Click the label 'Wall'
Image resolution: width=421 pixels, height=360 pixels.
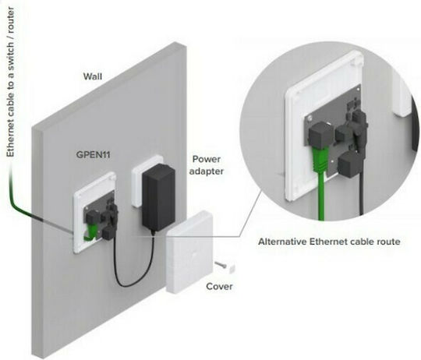(x=93, y=76)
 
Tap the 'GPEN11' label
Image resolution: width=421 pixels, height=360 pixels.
(x=94, y=155)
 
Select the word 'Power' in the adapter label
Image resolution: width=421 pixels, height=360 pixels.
(x=207, y=159)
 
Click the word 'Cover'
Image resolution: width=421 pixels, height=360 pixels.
(x=219, y=286)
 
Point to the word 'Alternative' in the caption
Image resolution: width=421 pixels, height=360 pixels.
(x=282, y=242)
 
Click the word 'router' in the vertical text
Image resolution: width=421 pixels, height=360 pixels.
(x=10, y=19)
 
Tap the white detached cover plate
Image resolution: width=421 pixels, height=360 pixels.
(x=189, y=252)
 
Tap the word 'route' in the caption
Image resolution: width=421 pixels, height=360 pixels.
(x=388, y=242)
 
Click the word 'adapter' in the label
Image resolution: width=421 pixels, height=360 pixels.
(x=206, y=171)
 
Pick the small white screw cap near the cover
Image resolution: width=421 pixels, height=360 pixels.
(x=232, y=268)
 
